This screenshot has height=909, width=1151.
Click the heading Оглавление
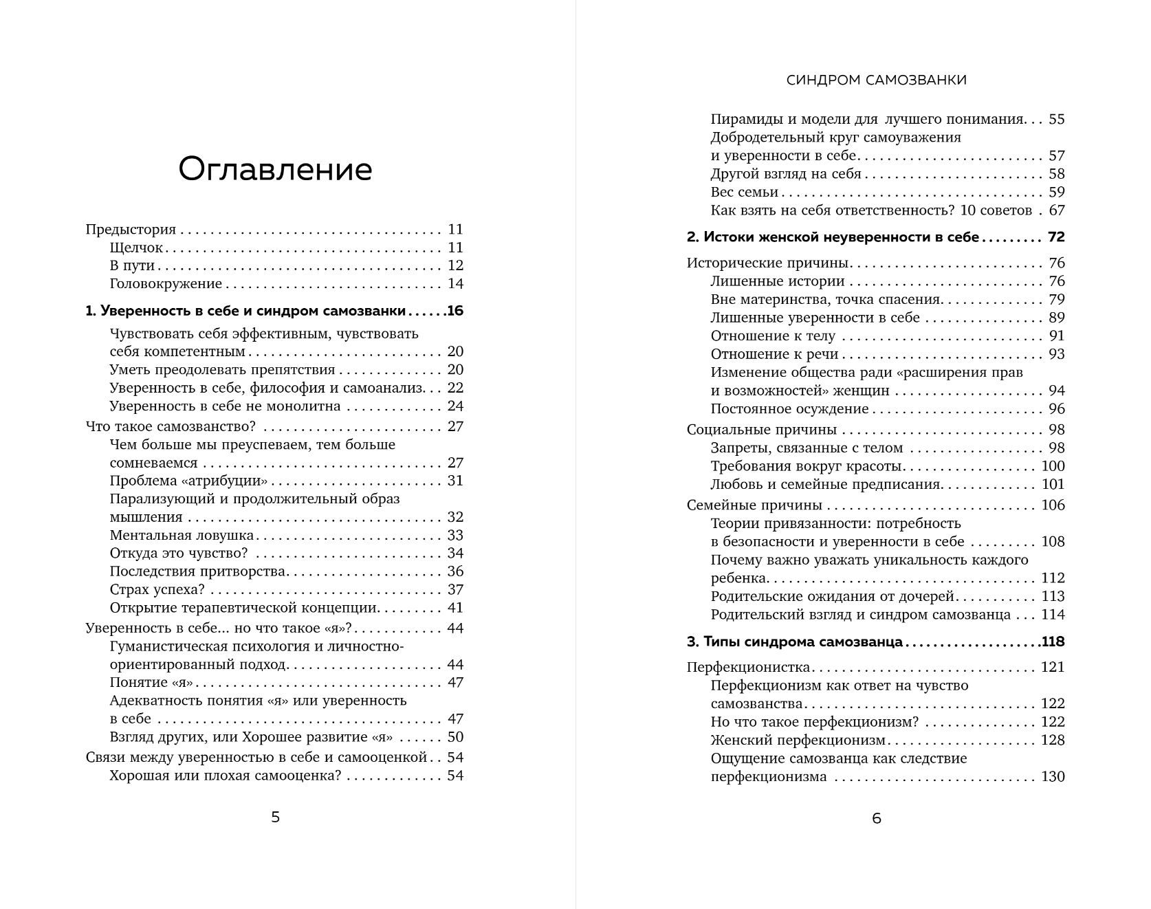275,169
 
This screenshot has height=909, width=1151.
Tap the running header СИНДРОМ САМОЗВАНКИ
876,80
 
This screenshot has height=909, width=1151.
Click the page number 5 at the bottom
275,817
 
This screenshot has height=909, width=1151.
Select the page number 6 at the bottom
876,818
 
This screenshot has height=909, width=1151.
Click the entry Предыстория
131,230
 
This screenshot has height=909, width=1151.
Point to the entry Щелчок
136,248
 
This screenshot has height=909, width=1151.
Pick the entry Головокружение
166,284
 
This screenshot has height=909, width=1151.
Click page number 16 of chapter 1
455,311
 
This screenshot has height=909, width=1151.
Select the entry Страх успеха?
157,590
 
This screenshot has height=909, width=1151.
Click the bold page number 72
1056,237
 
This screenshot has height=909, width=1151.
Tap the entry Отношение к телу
773,336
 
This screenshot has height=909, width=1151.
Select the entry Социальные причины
761,430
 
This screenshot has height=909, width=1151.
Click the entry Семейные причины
754,505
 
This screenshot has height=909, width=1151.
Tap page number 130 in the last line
1053,777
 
